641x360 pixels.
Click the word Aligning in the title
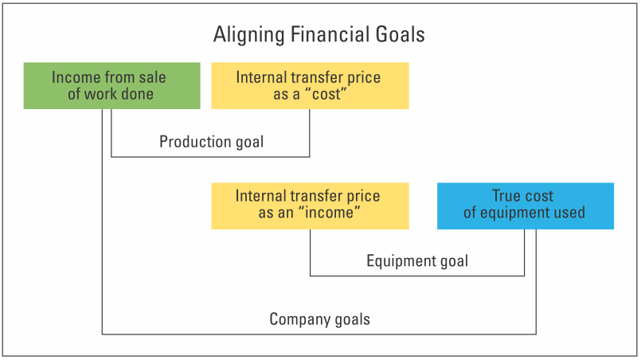click(248, 35)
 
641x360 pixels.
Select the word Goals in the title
click(401, 34)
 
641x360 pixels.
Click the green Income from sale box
click(112, 85)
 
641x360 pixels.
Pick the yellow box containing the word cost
click(310, 85)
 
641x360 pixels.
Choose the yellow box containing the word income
click(310, 205)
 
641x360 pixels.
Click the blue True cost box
click(526, 205)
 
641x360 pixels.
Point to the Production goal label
click(211, 142)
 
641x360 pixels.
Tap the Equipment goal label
click(417, 261)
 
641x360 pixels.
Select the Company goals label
click(319, 319)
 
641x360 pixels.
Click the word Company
click(299, 319)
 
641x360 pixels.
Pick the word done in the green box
click(137, 94)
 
